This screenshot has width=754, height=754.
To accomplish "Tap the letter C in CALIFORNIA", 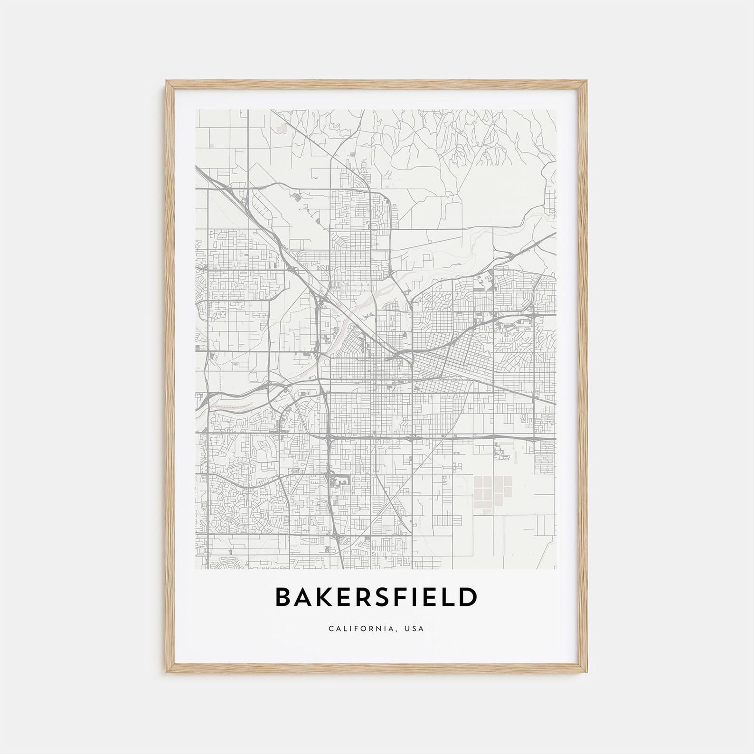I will (330, 629).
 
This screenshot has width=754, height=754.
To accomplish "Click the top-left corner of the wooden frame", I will (166, 82).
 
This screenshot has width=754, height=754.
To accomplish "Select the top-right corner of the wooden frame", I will (589, 82).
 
